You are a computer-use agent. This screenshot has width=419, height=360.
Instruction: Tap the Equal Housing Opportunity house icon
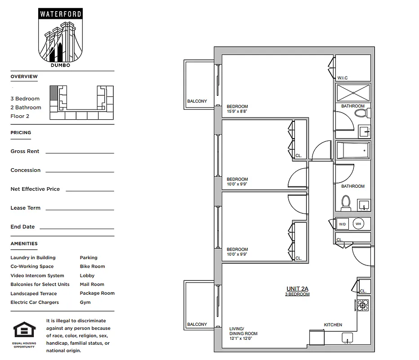point(24,330)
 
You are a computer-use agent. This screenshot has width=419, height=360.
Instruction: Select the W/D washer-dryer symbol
point(343,224)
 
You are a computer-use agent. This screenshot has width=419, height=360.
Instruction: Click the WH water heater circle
point(358,224)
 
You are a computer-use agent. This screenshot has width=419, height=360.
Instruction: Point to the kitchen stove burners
point(362,305)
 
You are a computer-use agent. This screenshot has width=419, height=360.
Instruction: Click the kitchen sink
point(348,337)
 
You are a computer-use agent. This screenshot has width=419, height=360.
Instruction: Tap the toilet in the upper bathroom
point(361,112)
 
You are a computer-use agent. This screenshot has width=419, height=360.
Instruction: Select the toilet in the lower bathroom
point(346,203)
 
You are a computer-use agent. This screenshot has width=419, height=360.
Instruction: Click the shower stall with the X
point(353,93)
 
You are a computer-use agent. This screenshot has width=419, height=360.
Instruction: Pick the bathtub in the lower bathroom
point(353,150)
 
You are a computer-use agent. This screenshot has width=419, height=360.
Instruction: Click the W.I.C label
point(343,78)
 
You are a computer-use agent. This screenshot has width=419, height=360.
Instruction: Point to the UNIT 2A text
point(297,289)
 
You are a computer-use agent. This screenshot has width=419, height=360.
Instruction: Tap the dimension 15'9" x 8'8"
point(237,112)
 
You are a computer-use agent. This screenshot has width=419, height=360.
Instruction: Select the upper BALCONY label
point(197,101)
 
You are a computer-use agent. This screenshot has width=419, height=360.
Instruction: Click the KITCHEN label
point(333,325)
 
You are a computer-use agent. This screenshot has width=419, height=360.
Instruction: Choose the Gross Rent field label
point(25,152)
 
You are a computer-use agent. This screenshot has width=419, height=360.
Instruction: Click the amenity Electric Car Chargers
point(35,302)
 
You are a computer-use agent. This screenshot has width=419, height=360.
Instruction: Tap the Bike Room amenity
point(92,266)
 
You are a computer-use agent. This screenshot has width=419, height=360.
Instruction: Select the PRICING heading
point(21,133)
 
